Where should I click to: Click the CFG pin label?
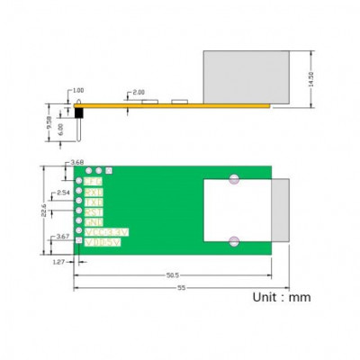point(94,182)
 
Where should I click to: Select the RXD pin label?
point(94,192)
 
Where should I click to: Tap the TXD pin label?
point(94,202)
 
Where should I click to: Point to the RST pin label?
point(94,211)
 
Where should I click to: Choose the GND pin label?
point(94,221)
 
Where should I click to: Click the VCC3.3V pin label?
point(106,231)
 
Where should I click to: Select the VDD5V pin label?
point(103,241)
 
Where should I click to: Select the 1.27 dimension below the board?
point(58,262)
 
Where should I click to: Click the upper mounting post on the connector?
point(234,178)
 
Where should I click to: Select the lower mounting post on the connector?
point(234,239)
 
